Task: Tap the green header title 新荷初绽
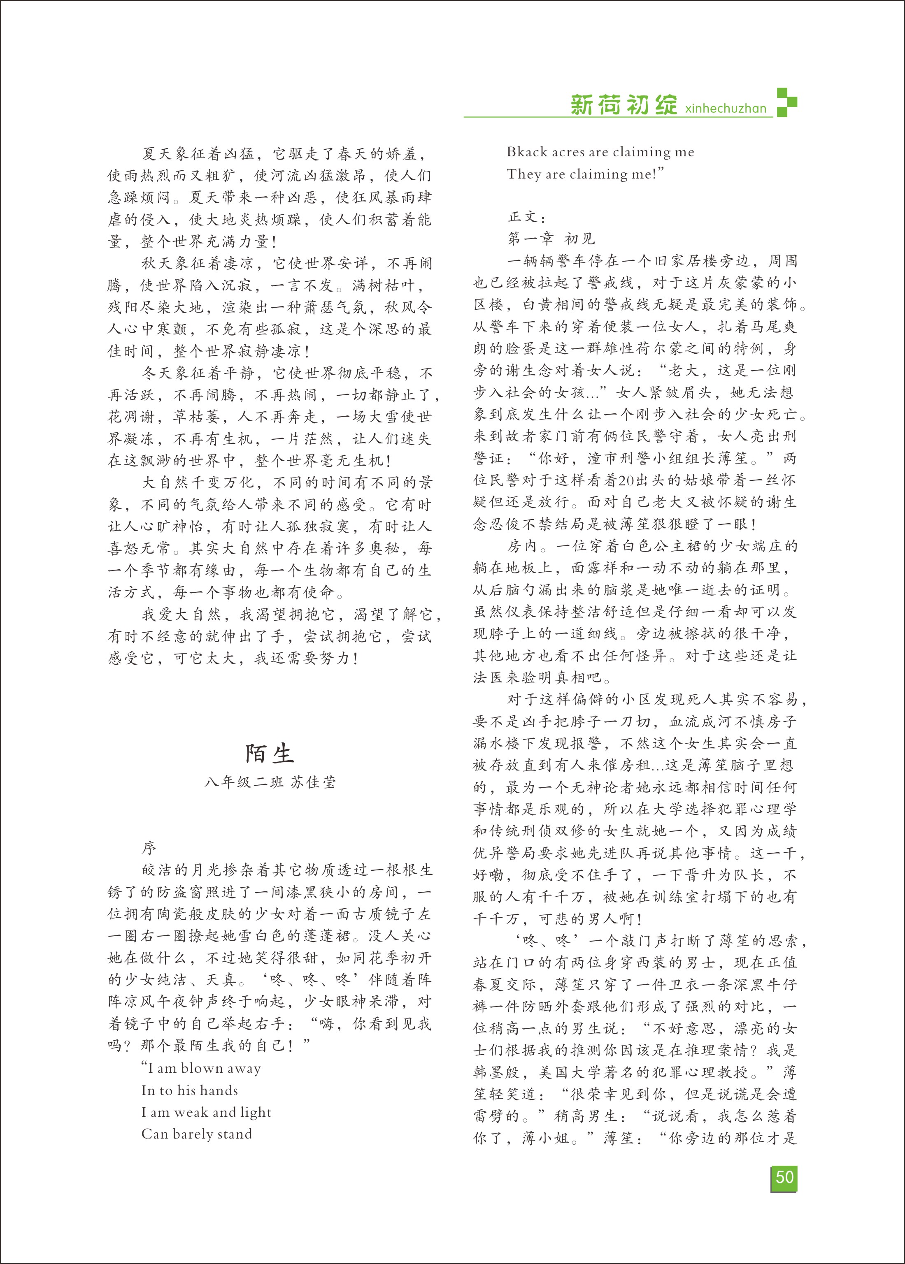click(x=623, y=104)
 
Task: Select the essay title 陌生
click(x=270, y=754)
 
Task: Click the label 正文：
click(x=527, y=217)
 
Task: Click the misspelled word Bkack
click(x=527, y=152)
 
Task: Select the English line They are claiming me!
click(x=585, y=174)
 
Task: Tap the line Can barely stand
click(x=197, y=1134)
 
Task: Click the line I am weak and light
click(x=206, y=1112)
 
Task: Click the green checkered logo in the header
click(x=786, y=102)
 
